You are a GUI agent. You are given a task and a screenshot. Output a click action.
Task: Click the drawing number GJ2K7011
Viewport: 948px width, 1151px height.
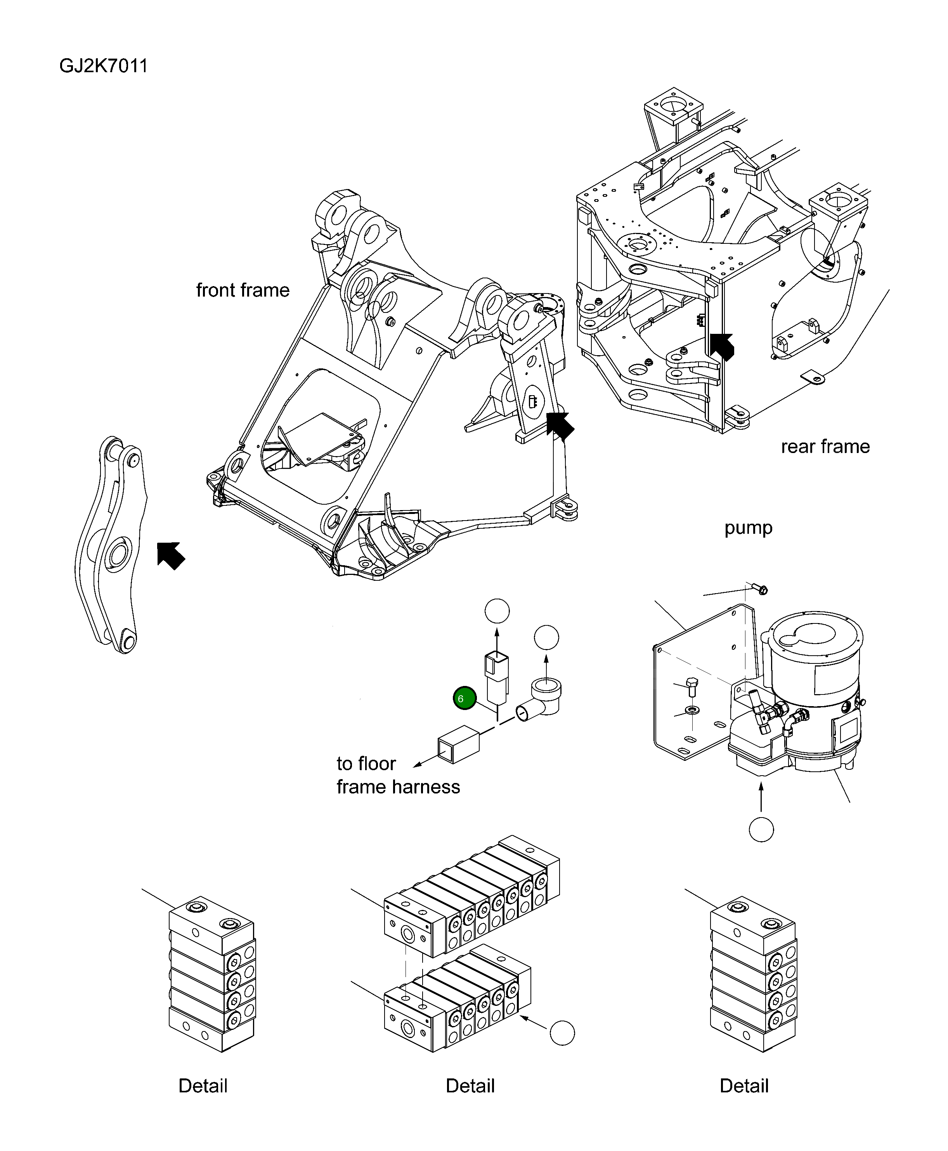[103, 66]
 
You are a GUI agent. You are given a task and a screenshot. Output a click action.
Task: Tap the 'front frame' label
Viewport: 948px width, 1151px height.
[243, 290]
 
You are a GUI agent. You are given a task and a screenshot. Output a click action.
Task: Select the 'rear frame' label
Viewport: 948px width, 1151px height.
[825, 446]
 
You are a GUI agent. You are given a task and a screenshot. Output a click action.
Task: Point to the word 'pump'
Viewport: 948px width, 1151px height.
[748, 527]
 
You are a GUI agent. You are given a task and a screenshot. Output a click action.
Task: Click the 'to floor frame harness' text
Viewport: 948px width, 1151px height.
[397, 774]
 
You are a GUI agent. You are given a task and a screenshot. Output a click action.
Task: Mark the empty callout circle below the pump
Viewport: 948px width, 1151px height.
[761, 830]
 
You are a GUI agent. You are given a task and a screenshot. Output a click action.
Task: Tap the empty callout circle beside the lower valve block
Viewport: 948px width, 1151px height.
[562, 1033]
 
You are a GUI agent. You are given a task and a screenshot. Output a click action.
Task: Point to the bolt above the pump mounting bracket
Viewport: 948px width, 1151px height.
[760, 589]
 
